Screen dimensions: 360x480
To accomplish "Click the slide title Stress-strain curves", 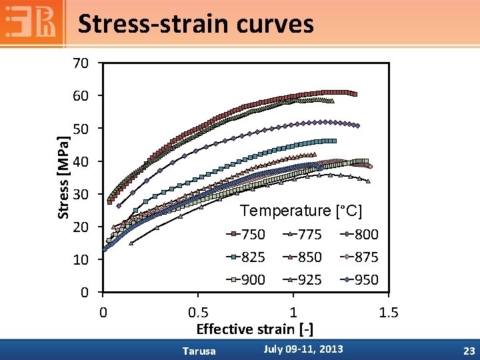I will pos(195,24).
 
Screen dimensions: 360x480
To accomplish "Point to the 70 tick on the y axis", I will pos(81,64).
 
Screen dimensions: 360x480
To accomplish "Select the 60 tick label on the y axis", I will pos(81,97).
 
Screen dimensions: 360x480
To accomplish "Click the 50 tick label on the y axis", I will pos(81,129).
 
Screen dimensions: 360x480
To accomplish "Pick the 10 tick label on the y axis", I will pos(81,260).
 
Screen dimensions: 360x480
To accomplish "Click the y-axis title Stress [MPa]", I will pos(63,176).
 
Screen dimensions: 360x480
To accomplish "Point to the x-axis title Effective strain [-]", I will pos(255,329).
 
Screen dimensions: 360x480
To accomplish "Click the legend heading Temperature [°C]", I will pos(301,211).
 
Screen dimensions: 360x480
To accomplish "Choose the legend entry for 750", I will pos(245,235).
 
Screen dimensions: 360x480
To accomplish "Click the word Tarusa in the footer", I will pos(199,351).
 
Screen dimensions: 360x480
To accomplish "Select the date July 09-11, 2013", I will pos(303,349).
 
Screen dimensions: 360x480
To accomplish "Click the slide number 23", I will pos(468,350).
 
